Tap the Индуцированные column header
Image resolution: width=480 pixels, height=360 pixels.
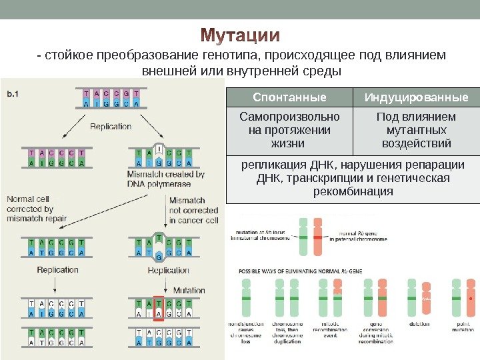[x=416, y=98]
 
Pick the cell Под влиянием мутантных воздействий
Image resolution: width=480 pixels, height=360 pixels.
[x=416, y=130]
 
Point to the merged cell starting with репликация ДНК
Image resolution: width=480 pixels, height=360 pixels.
[x=353, y=178]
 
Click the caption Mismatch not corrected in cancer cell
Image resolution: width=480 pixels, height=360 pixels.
[x=193, y=210]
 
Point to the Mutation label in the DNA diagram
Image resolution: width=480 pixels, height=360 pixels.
[x=189, y=291]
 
